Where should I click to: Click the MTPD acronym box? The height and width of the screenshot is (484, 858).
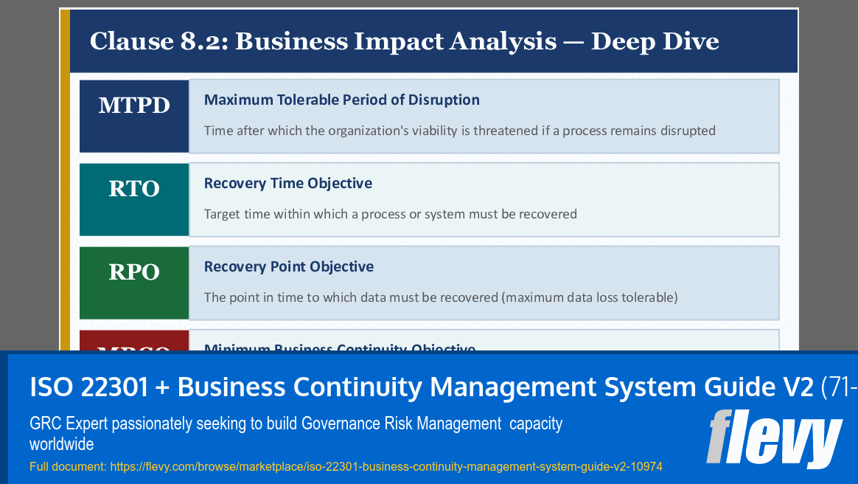click(x=134, y=116)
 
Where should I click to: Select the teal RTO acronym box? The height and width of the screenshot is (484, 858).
click(x=134, y=199)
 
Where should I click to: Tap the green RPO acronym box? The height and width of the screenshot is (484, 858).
click(x=134, y=283)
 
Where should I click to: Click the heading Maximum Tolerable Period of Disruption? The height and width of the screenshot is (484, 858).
click(x=341, y=100)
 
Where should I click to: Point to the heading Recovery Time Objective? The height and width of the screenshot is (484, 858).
click(x=287, y=183)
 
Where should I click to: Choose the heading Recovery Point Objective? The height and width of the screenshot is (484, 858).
click(x=288, y=266)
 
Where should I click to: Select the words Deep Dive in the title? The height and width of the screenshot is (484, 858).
click(x=655, y=41)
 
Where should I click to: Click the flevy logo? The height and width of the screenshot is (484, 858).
click(x=774, y=440)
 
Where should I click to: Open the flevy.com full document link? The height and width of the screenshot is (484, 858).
click(x=386, y=466)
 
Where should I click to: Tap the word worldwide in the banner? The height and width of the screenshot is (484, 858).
click(x=61, y=444)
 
